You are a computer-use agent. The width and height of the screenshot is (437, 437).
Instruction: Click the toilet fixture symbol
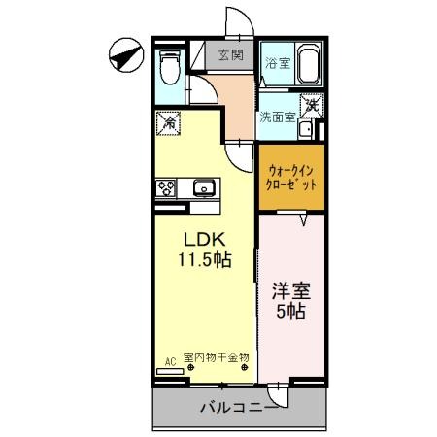click(x=170, y=67)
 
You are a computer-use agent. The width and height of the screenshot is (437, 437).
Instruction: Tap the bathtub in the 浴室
click(x=309, y=63)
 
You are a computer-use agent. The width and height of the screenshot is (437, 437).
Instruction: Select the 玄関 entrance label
click(x=231, y=54)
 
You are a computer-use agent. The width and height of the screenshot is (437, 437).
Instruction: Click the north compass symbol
click(x=126, y=55)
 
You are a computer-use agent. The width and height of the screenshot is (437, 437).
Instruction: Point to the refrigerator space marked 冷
click(x=168, y=123)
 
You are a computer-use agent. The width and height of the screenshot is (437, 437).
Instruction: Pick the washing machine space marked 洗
click(x=312, y=106)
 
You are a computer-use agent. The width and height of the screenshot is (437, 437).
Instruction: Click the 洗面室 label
click(x=278, y=118)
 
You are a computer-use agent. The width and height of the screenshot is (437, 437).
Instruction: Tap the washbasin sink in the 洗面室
click(x=305, y=129)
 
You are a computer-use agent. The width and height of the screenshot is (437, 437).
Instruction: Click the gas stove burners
click(x=166, y=188)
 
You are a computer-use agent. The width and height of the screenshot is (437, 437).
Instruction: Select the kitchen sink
click(x=204, y=187)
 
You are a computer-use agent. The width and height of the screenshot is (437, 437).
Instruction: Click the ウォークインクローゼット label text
click(x=291, y=178)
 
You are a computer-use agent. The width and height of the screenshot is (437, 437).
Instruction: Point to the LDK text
click(x=205, y=240)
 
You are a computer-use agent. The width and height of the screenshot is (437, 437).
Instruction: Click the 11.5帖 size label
click(x=205, y=259)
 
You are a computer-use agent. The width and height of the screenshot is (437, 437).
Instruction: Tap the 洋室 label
click(x=291, y=290)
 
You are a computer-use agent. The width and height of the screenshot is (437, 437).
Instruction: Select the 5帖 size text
click(x=290, y=311)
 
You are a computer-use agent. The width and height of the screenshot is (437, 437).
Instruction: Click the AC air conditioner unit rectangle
click(x=170, y=372)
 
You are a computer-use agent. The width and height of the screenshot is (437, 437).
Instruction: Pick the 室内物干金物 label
click(x=217, y=357)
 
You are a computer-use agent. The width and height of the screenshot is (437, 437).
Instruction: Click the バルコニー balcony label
click(x=239, y=407)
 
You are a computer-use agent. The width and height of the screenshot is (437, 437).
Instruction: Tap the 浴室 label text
click(x=278, y=63)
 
